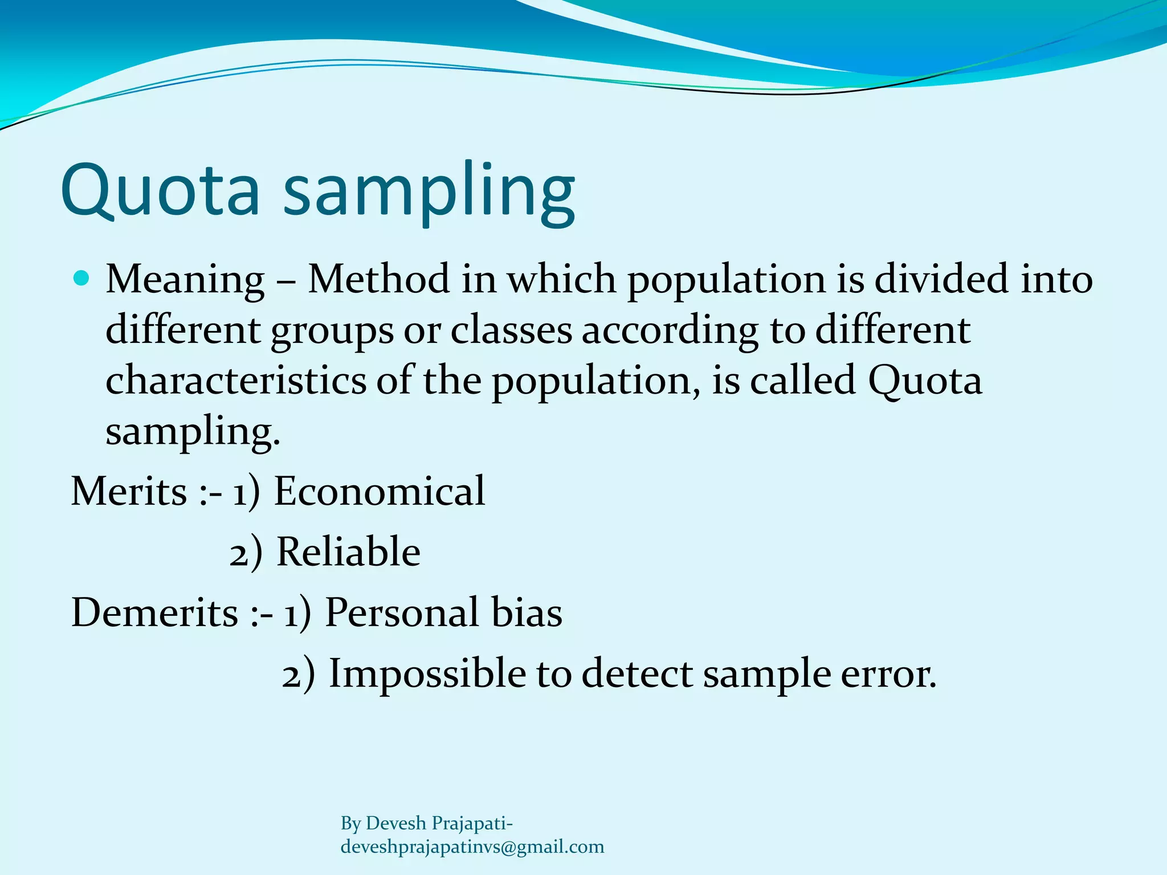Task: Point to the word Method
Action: (x=378, y=279)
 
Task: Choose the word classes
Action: (x=511, y=330)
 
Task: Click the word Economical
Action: (x=380, y=491)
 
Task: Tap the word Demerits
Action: (x=154, y=613)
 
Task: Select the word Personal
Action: (x=402, y=613)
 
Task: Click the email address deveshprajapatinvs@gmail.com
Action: (x=472, y=847)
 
